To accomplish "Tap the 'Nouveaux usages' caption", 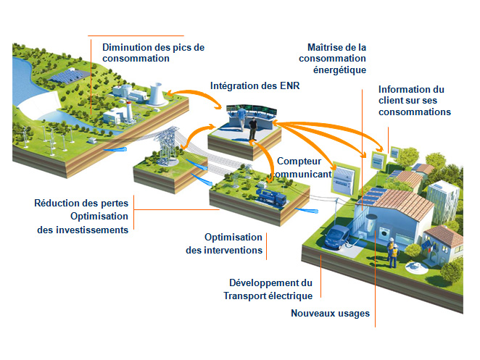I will (x=330, y=314).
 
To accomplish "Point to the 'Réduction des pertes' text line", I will (x=81, y=203).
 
